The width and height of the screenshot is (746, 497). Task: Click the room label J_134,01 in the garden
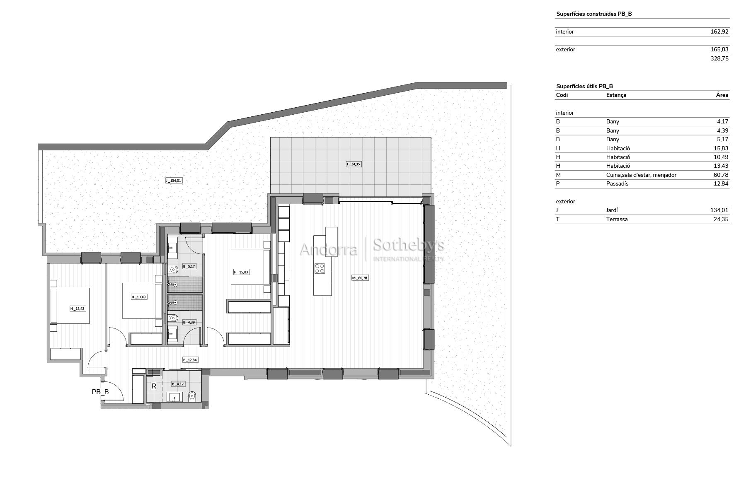[x=174, y=181]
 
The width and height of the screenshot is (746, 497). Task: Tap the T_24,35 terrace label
[x=354, y=164]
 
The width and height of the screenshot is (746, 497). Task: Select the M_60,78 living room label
[x=360, y=278]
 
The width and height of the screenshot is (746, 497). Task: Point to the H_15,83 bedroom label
[x=242, y=272]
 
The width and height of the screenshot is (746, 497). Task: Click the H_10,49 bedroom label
[x=139, y=297]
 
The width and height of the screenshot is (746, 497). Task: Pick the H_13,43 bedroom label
[x=78, y=309]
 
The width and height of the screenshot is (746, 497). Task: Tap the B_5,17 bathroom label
[x=189, y=266]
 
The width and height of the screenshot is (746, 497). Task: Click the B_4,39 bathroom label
[x=189, y=322]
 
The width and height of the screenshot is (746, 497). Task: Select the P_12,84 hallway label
[x=190, y=360]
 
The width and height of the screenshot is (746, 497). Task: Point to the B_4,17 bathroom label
[x=178, y=384]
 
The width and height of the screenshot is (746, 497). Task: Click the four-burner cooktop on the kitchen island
[x=320, y=268]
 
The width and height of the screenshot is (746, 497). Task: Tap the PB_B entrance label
[x=100, y=392]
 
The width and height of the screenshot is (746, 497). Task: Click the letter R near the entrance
[x=154, y=386]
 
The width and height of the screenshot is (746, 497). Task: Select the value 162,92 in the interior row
[x=719, y=31]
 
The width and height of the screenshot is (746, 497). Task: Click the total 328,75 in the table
[x=719, y=58]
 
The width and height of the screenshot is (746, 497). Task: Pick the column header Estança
[x=616, y=95]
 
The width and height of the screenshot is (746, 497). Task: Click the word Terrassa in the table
[x=617, y=219]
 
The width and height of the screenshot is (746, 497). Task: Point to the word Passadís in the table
[x=617, y=183]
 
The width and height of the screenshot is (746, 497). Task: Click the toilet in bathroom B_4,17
[x=192, y=397]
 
